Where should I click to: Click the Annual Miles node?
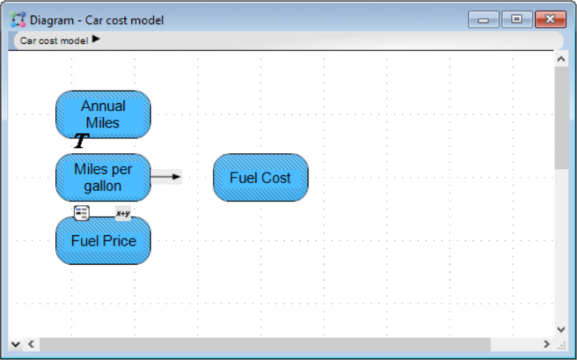point(103,115)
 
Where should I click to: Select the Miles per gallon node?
point(103,177)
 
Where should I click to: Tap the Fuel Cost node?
point(260,177)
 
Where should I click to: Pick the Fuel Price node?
point(103,240)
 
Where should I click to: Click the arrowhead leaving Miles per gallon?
point(176,177)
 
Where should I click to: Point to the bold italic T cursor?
point(82,141)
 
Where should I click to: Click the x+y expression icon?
point(123,213)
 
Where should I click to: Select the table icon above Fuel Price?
point(82,213)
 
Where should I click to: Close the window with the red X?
point(550,19)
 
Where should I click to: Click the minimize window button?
point(483,19)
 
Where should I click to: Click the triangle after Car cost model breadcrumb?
point(96,39)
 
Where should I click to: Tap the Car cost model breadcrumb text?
point(54,40)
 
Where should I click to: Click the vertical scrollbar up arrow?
point(561,59)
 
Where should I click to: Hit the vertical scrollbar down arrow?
point(561,329)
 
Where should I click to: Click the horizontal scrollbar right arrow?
point(547,344)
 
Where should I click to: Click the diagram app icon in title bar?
point(18,19)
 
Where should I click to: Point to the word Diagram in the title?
point(51,20)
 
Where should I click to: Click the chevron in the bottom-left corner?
point(15,345)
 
